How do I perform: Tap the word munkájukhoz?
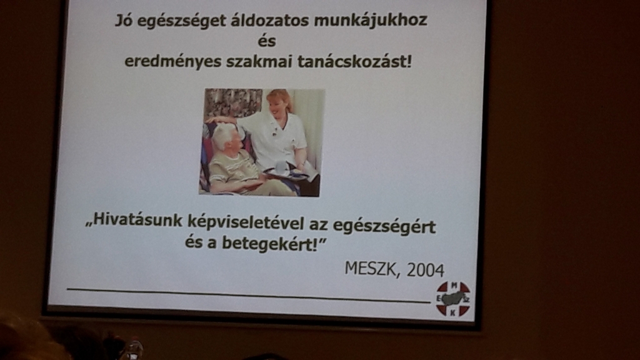(x=371, y=21)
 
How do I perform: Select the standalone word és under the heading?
(x=267, y=41)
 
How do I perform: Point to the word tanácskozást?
(x=355, y=62)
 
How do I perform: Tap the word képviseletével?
(x=246, y=222)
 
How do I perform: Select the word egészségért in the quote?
(x=384, y=226)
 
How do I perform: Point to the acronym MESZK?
(x=371, y=269)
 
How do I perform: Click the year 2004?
(x=425, y=270)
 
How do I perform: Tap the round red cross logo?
(x=453, y=299)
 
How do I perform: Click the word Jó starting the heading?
(x=124, y=20)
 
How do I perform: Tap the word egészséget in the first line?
(x=182, y=21)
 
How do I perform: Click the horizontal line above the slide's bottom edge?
(x=249, y=295)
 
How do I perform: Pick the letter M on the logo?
(x=454, y=286)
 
